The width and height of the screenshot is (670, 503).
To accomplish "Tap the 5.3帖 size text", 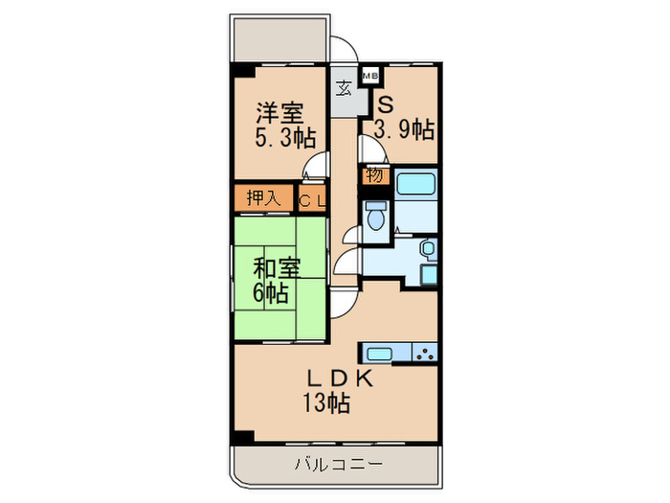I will (284, 138).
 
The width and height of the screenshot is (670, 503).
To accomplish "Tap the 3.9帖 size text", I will (405, 128).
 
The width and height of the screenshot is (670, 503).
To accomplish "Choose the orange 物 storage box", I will (374, 175).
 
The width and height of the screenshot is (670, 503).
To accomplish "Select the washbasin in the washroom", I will (427, 251).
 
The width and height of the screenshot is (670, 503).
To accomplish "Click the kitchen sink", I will (380, 354).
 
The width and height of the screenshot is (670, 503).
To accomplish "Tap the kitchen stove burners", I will (424, 354).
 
